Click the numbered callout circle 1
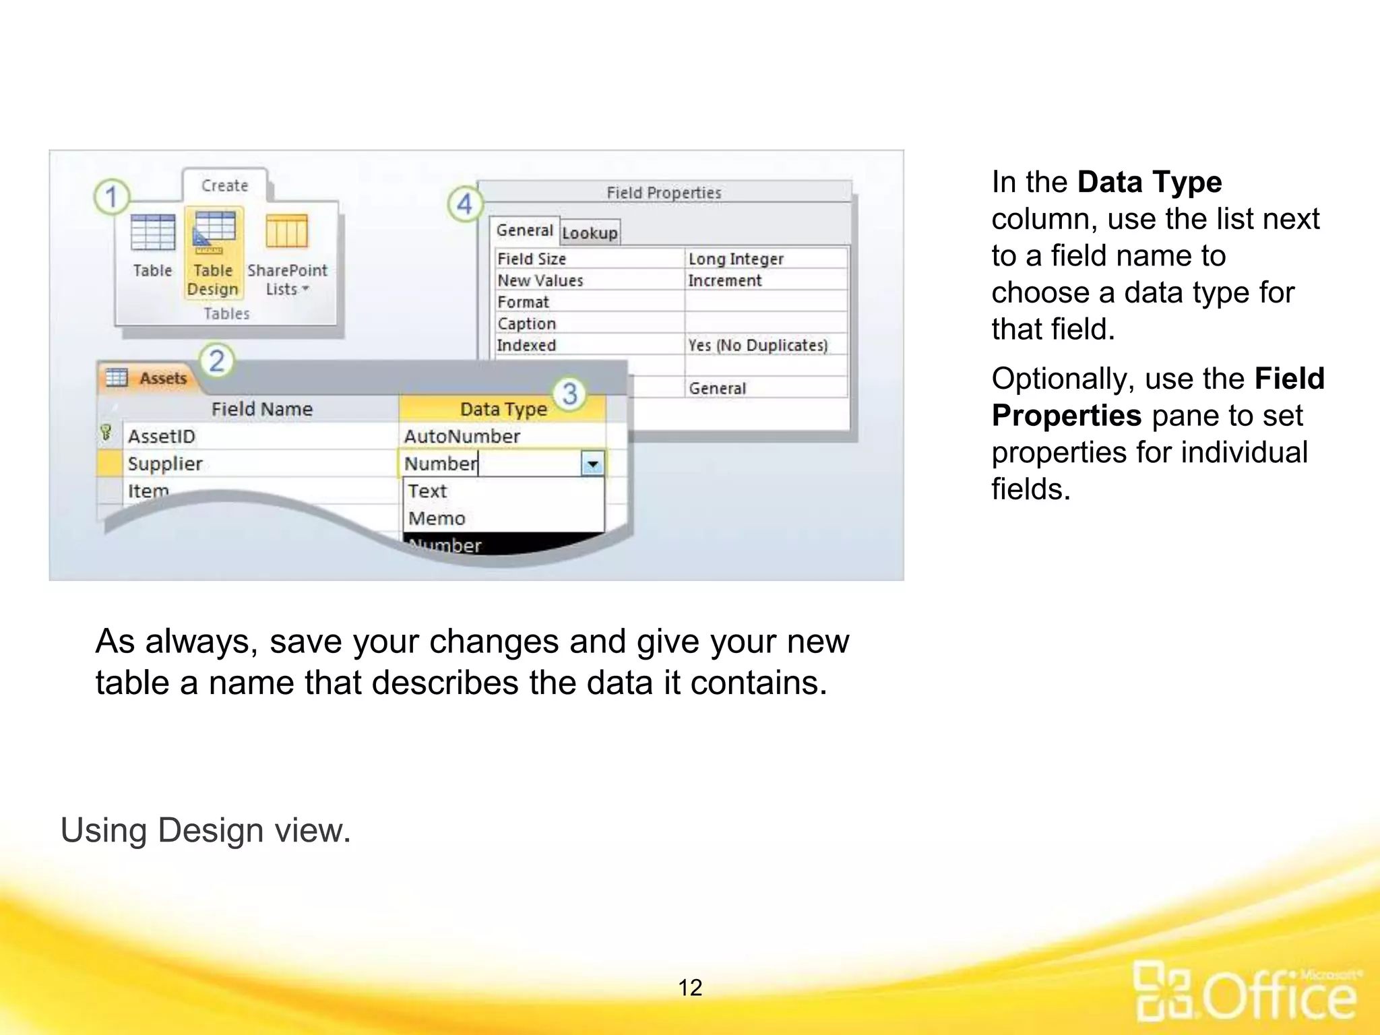(111, 197)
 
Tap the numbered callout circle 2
(216, 361)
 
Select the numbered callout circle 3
(569, 394)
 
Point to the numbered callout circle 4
(465, 204)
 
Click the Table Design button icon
(214, 232)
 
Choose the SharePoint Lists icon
(287, 232)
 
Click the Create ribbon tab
(225, 186)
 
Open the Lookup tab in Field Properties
(590, 233)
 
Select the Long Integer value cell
(765, 259)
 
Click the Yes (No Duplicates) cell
(765, 345)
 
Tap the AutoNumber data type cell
(501, 436)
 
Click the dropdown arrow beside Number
(592, 464)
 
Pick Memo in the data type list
(437, 518)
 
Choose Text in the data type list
(427, 491)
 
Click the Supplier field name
(165, 464)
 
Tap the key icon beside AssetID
(106, 433)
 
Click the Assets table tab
(151, 378)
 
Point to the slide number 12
(690, 987)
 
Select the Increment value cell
(765, 280)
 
